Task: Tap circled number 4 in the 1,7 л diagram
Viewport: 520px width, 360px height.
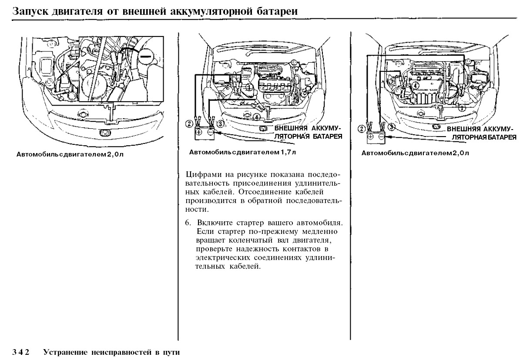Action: tap(257, 117)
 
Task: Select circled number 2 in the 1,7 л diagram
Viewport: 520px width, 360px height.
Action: tap(188, 123)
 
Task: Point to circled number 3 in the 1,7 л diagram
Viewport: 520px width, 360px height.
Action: tap(220, 123)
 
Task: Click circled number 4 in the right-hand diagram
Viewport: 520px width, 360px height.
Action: tap(416, 86)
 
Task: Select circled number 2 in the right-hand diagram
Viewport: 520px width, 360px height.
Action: tap(361, 128)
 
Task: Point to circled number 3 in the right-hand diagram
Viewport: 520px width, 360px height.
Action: tap(391, 127)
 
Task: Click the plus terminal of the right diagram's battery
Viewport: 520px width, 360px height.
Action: tap(370, 137)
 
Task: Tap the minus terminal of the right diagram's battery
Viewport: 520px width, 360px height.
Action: tap(381, 137)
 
